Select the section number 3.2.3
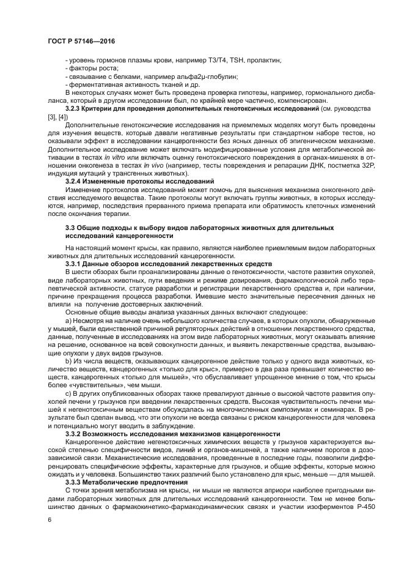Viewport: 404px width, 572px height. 75,108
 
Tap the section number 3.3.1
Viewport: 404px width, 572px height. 75,264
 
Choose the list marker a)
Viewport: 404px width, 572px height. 68,320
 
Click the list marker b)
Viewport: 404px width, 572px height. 68,361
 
